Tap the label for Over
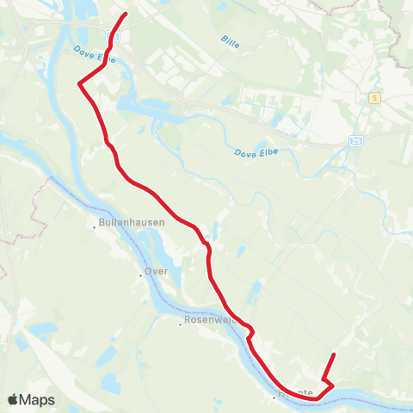click(x=156, y=271)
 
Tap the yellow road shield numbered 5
click(x=375, y=97)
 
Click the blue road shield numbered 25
click(x=355, y=139)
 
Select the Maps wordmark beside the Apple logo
click(x=38, y=399)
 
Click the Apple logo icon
click(x=13, y=399)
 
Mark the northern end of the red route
click(x=126, y=14)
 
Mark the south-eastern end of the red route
click(x=334, y=354)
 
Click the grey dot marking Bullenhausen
click(x=95, y=227)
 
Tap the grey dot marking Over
click(x=139, y=275)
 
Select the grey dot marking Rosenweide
click(x=181, y=325)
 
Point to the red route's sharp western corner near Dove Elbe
click(x=80, y=83)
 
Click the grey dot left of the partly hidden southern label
click(x=274, y=398)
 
